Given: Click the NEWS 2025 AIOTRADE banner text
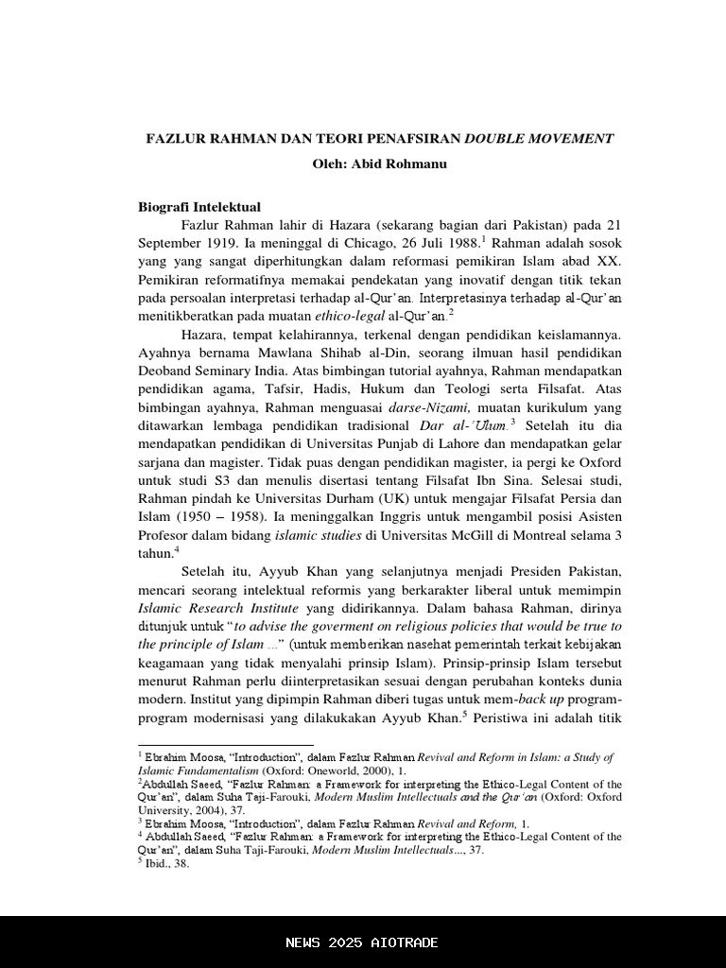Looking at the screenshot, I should [x=362, y=942].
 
